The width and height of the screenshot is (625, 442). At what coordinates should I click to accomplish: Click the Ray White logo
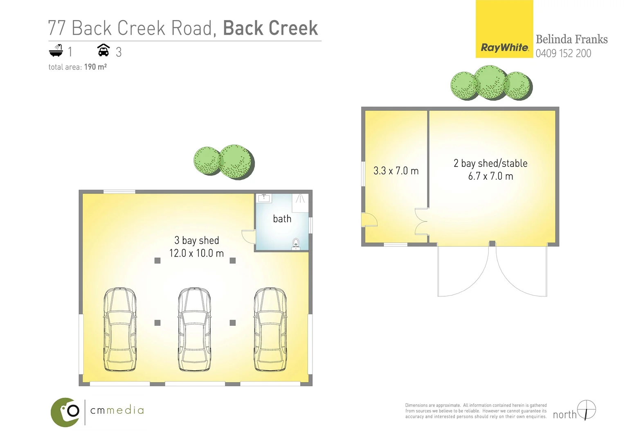pos(504,29)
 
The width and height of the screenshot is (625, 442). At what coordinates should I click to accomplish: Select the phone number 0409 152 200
pos(563,54)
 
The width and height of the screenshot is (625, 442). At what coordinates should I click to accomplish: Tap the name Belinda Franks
pos(571,39)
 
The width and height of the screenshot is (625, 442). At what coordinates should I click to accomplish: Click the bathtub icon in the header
pos(56,51)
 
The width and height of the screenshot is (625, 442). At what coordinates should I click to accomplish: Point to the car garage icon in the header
pos(103,50)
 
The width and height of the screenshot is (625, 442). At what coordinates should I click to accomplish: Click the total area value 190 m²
pos(95,67)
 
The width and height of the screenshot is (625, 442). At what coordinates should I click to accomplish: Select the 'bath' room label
pos(282,219)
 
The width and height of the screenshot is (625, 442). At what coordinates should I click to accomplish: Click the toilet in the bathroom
pos(296,244)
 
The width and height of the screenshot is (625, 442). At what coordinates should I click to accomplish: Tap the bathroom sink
pos(264,198)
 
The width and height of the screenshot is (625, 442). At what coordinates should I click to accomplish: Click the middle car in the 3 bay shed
pos(195,329)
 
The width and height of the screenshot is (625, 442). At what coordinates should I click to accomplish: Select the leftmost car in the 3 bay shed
pos(119,329)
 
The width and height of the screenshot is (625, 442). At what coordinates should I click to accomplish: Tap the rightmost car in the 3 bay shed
pos(270,329)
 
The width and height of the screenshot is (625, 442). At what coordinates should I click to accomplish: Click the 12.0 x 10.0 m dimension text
pos(196,253)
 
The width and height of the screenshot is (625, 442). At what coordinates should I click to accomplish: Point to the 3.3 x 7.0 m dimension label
pos(396,171)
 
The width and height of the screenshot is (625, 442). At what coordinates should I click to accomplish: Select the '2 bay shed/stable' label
pos(490,163)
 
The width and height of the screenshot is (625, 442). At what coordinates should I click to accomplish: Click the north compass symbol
pos(587,410)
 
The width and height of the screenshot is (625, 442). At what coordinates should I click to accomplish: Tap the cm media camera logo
pos(65,412)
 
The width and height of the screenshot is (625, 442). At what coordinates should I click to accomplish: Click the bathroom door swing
pos(249,237)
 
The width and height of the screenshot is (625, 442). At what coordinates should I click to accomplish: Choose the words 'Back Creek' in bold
pos(270,28)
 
